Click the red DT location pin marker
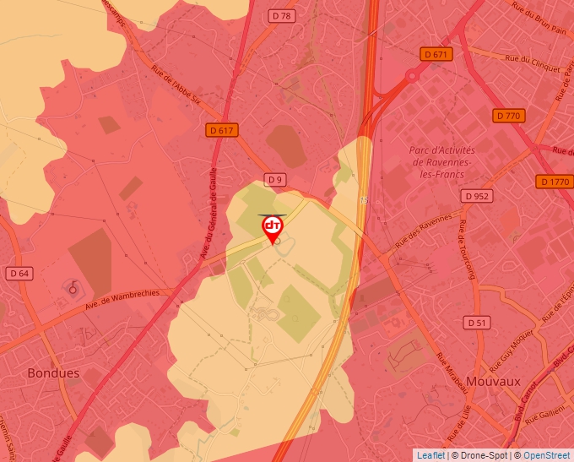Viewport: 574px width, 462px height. point(273,228)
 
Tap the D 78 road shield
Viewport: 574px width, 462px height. point(282,16)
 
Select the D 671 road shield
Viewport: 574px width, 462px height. point(436,54)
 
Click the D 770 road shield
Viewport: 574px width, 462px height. point(509,116)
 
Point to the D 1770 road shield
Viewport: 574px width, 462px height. point(554,182)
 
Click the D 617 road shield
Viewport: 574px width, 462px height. point(221,130)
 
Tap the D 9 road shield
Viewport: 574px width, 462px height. point(274,179)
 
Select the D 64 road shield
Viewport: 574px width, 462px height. point(19,273)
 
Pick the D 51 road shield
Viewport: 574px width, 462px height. point(477,323)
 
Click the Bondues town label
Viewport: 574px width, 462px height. point(53,372)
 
